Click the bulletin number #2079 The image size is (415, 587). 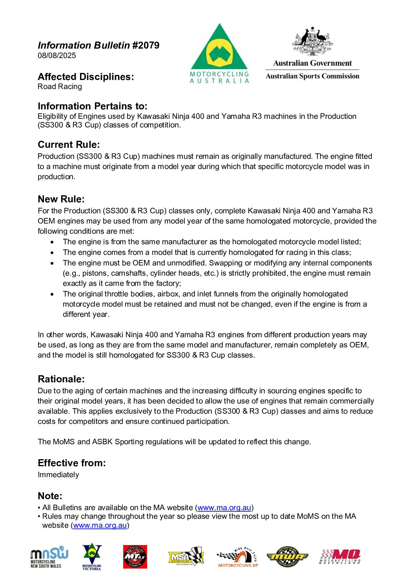coord(146,45)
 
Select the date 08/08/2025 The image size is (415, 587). coord(57,56)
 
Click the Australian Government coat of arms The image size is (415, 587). coord(312,41)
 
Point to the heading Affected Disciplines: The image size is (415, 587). coord(86,77)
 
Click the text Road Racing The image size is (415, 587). coord(60,87)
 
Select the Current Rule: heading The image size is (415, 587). coord(69,145)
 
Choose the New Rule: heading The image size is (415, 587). coord(61,199)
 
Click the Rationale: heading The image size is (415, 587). coord(61,379)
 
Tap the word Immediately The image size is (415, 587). coord(58,475)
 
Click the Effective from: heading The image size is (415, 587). coord(71,463)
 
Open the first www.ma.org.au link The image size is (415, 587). coord(224,508)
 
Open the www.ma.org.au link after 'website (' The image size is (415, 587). coord(100,525)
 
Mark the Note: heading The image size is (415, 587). coord(50,496)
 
